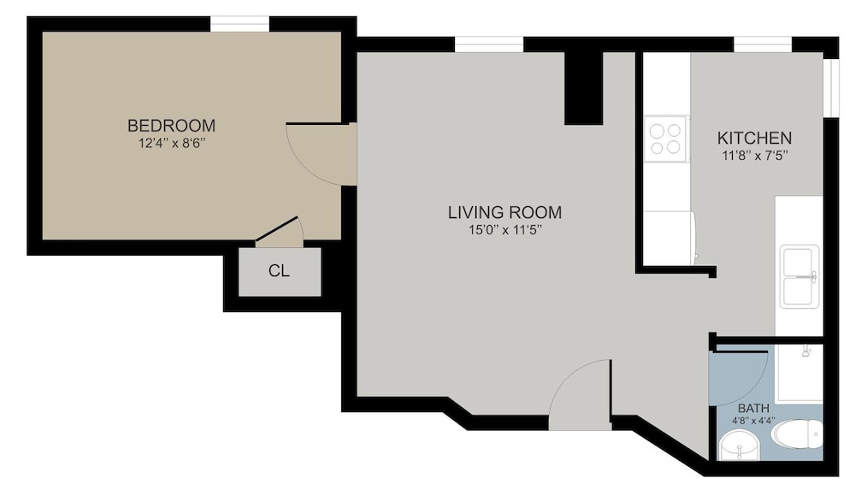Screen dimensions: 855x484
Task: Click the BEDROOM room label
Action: point(171,126)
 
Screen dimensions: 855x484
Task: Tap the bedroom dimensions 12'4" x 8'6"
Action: point(171,144)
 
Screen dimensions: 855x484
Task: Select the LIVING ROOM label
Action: point(504,212)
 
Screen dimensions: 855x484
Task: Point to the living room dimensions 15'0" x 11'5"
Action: point(504,230)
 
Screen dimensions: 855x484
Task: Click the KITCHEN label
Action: point(754,138)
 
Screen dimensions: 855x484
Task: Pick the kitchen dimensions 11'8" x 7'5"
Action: point(755,156)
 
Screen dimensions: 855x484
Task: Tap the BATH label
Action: point(753,408)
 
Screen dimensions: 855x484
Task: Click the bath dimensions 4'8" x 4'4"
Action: point(753,421)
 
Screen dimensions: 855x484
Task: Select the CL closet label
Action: point(279,271)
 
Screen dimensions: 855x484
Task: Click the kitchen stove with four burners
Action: point(666,139)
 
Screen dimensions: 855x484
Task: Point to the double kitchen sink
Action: point(799,276)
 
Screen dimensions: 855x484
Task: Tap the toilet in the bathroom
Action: point(797,434)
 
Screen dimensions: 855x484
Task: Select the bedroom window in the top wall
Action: point(240,24)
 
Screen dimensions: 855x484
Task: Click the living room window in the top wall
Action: point(489,44)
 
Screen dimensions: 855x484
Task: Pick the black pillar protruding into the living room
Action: point(583,88)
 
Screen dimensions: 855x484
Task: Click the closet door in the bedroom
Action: point(278,229)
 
